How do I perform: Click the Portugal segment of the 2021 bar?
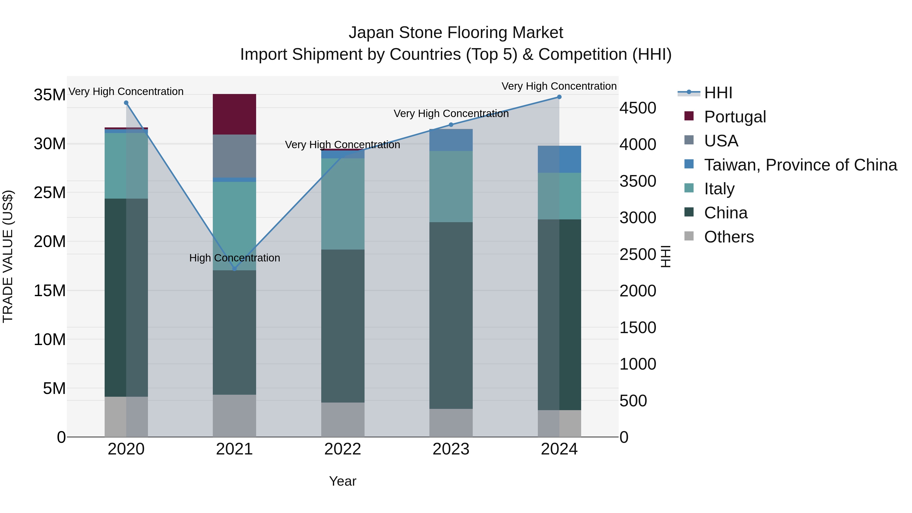pyautogui.click(x=234, y=114)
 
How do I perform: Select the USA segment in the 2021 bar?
pyautogui.click(x=234, y=156)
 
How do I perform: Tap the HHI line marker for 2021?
pyautogui.click(x=234, y=269)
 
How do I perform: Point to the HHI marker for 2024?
pyautogui.click(x=559, y=97)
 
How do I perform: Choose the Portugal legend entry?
pyautogui.click(x=735, y=117)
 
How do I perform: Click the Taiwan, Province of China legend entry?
pyautogui.click(x=800, y=165)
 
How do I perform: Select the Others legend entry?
pyautogui.click(x=729, y=237)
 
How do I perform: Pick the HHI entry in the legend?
pyautogui.click(x=718, y=93)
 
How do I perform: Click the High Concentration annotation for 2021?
pyautogui.click(x=234, y=258)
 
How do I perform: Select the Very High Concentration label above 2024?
pyautogui.click(x=559, y=86)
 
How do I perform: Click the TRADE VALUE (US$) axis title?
pyautogui.click(x=8, y=256)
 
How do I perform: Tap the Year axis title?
pyautogui.click(x=342, y=481)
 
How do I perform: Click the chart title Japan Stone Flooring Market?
pyautogui.click(x=456, y=33)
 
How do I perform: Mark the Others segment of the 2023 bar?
pyautogui.click(x=451, y=423)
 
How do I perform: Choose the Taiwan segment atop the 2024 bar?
pyautogui.click(x=559, y=159)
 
